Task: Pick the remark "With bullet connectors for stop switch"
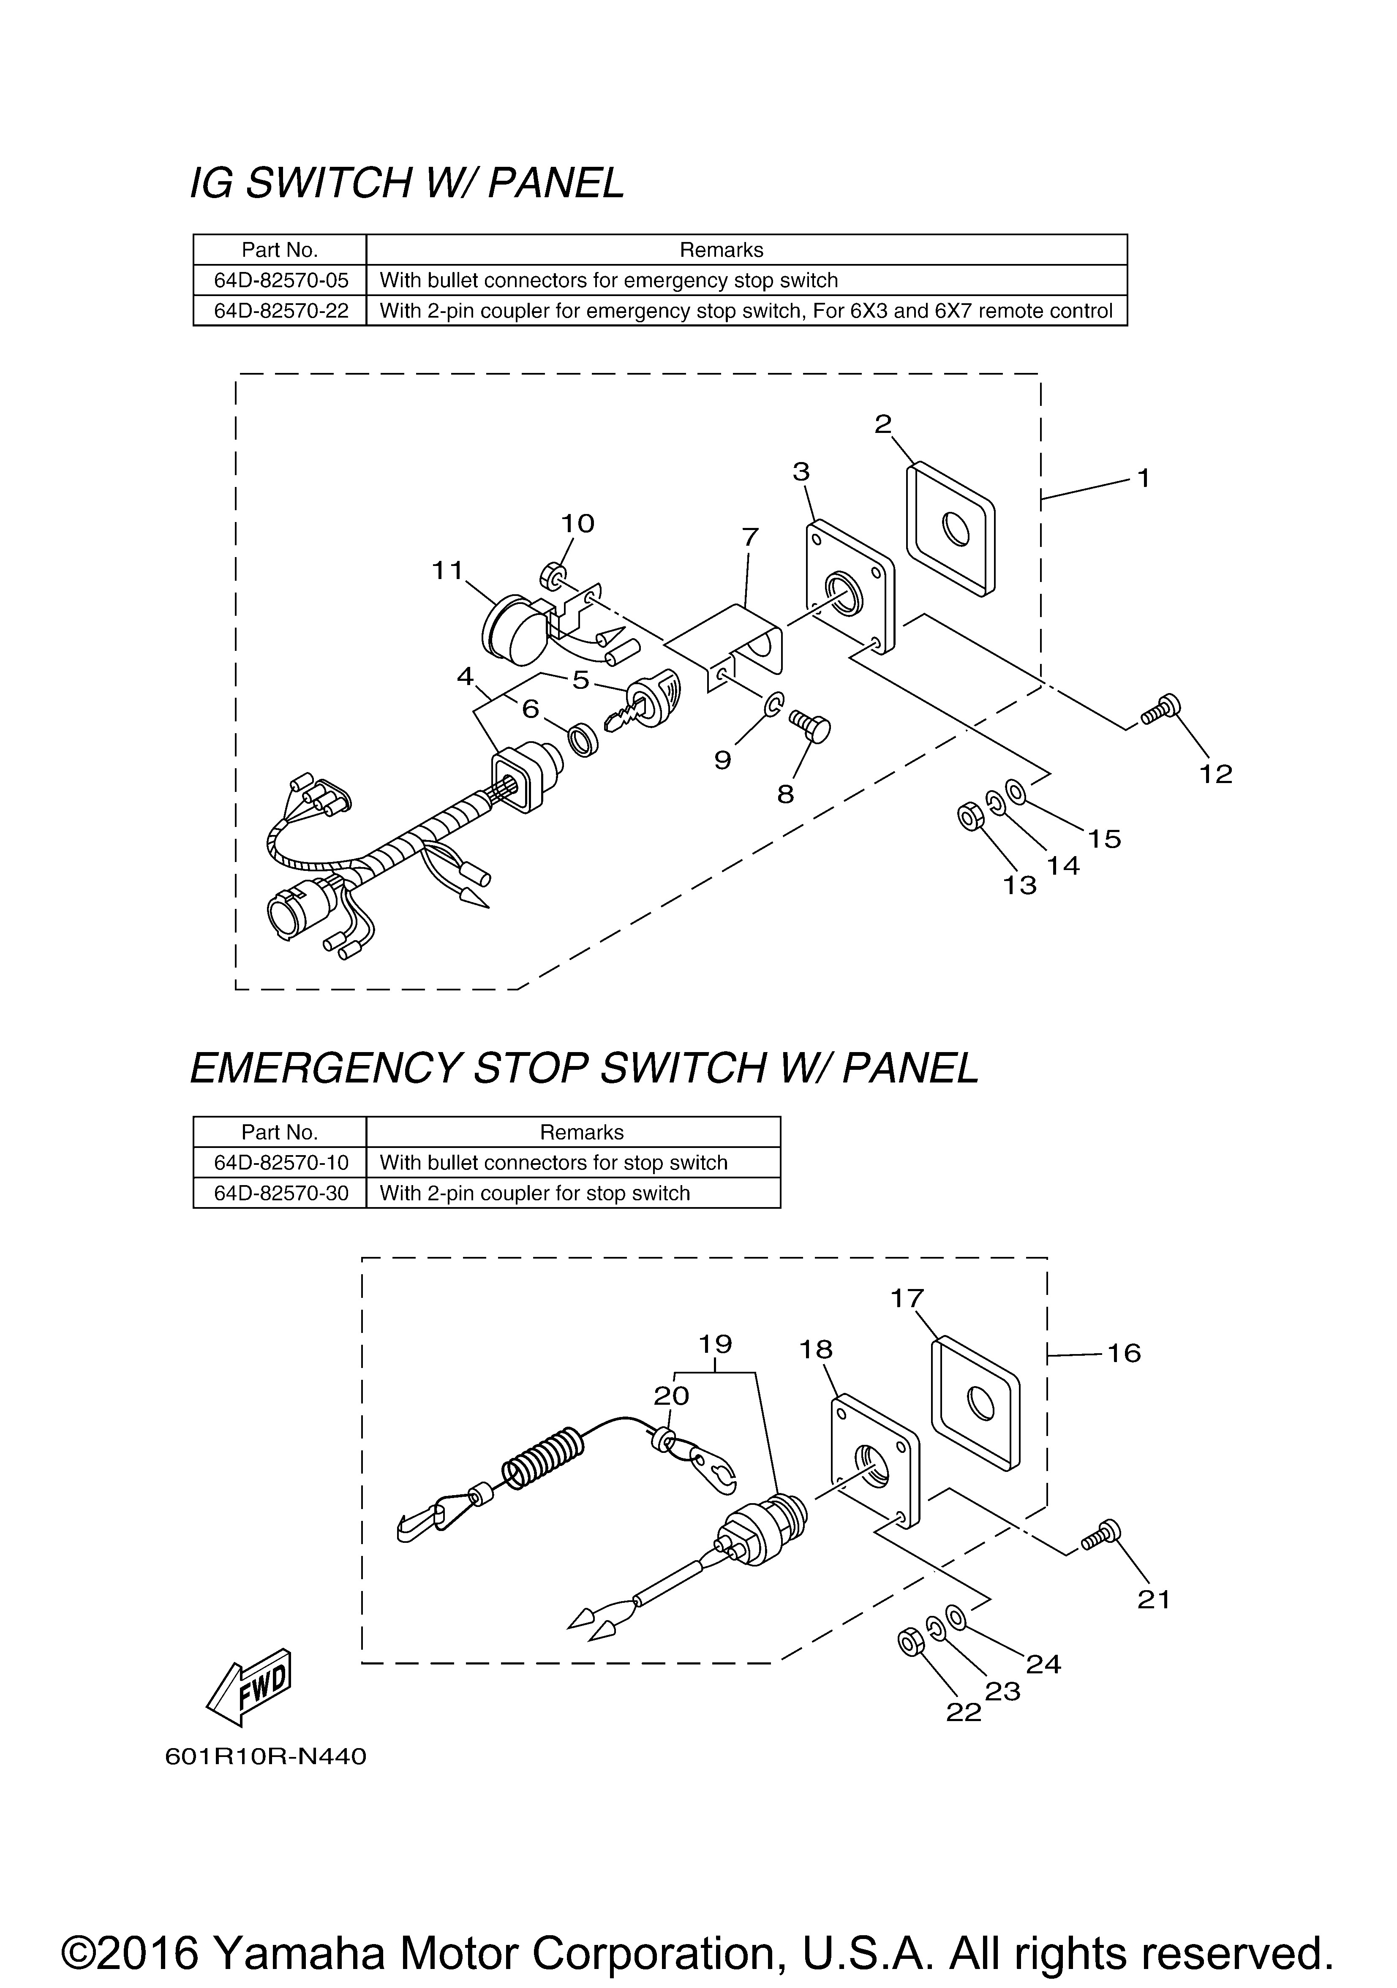tap(553, 1163)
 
